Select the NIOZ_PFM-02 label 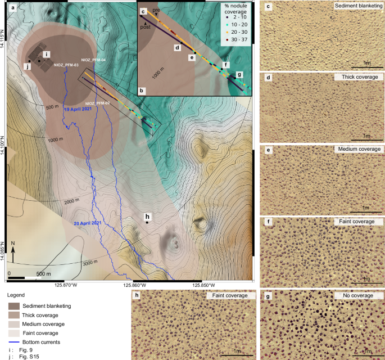(x=97, y=103)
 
